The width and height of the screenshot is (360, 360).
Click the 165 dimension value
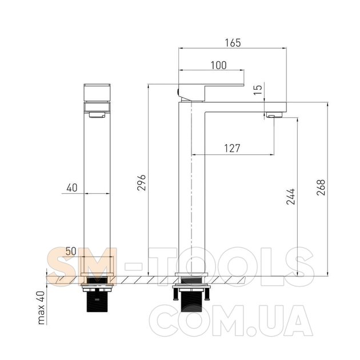pyautogui.click(x=233, y=43)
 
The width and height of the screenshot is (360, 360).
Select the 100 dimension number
pyautogui.click(x=218, y=65)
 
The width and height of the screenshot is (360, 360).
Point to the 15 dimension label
pyautogui.click(x=258, y=90)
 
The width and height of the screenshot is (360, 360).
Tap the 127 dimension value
pyautogui.click(x=232, y=149)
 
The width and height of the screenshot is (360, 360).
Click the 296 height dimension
pyautogui.click(x=142, y=182)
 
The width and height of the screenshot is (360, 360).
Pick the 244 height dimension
pyautogui.click(x=290, y=197)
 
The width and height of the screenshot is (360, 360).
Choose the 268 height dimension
pyautogui.click(x=321, y=187)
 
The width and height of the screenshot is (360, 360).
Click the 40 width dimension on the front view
pyautogui.click(x=72, y=188)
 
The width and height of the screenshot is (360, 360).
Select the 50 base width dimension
pyautogui.click(x=71, y=251)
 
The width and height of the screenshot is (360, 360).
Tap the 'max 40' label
pyautogui.click(x=41, y=307)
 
